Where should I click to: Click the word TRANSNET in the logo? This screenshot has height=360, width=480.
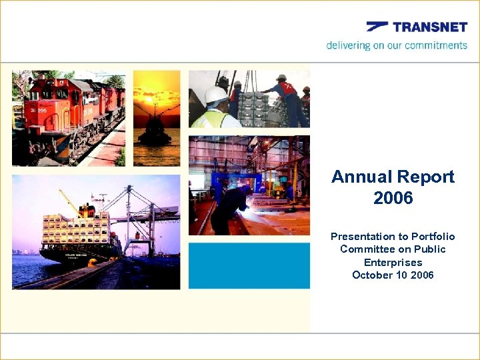pyautogui.click(x=430, y=27)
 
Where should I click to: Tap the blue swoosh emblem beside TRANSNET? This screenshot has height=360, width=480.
pyautogui.click(x=377, y=27)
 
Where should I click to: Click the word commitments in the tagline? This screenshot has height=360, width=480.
pyautogui.click(x=436, y=45)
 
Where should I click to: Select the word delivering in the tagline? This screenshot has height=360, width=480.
pyautogui.click(x=347, y=45)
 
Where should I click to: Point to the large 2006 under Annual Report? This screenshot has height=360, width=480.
pyautogui.click(x=393, y=199)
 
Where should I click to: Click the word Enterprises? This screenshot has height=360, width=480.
pyautogui.click(x=393, y=262)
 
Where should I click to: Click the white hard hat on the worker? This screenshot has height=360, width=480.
pyautogui.click(x=215, y=95)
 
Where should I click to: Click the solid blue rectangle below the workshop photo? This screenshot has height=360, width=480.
pyautogui.click(x=249, y=265)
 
